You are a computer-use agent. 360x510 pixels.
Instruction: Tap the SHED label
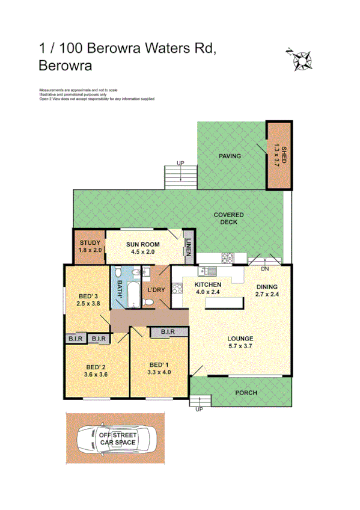(x=278, y=156)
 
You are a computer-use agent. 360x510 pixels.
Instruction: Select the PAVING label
(x=230, y=156)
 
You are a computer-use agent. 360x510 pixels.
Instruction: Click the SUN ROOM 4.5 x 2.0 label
(x=142, y=248)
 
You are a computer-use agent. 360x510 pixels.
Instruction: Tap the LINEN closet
(x=189, y=247)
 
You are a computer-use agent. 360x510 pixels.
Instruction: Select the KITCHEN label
(x=208, y=287)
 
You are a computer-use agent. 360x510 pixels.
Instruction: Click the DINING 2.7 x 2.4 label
(x=267, y=290)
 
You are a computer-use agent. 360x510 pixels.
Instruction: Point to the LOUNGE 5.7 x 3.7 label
(x=240, y=342)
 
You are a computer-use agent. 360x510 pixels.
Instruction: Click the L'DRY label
(x=156, y=290)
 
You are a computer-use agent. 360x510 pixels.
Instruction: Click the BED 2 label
(x=96, y=371)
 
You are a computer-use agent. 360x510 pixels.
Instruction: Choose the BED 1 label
(x=160, y=367)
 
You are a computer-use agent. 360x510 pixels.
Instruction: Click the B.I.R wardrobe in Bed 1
(x=167, y=331)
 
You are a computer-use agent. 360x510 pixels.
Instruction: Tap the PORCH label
(x=246, y=393)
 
